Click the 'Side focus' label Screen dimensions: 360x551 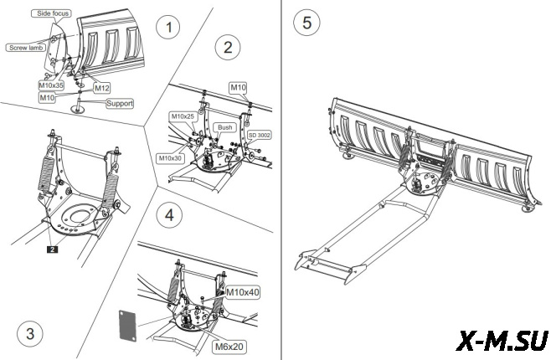pyautogui.click(x=52, y=14)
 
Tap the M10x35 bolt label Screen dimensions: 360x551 pyautogui.click(x=53, y=85)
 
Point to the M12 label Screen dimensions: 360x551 pyautogui.click(x=101, y=87)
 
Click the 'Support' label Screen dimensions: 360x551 pyautogui.click(x=119, y=103)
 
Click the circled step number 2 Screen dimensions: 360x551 pyautogui.click(x=226, y=47)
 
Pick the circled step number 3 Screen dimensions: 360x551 pyautogui.click(x=30, y=333)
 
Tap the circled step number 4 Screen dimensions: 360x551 pyautogui.click(x=170, y=215)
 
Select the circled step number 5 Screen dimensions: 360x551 pyautogui.click(x=307, y=23)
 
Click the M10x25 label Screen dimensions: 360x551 pyautogui.click(x=183, y=116)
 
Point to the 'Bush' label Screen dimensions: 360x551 pyautogui.click(x=224, y=127)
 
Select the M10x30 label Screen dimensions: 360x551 pyautogui.click(x=171, y=157)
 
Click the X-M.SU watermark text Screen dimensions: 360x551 pyautogui.click(x=502, y=340)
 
